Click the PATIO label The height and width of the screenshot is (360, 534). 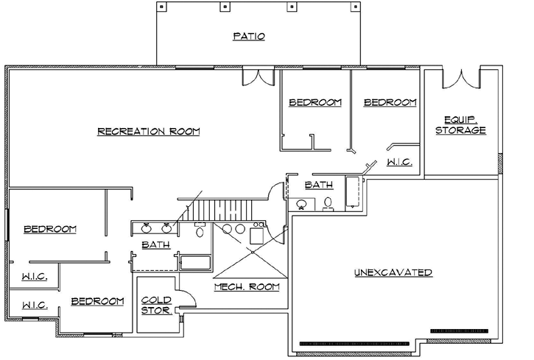[x=249, y=36]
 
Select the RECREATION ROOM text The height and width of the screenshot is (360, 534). [x=150, y=132]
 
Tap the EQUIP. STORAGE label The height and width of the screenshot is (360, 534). [x=460, y=125]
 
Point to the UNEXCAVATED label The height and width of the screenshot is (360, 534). [x=393, y=272]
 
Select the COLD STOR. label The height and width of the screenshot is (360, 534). [x=157, y=305]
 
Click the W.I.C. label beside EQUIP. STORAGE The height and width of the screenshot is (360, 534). [x=399, y=162]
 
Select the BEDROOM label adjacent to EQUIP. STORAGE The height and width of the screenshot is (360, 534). [x=390, y=103]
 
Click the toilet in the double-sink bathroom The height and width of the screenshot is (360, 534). [x=200, y=231]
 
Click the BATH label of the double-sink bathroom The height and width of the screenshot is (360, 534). [x=155, y=244]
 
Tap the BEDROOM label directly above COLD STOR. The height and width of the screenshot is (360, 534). [x=97, y=301]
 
